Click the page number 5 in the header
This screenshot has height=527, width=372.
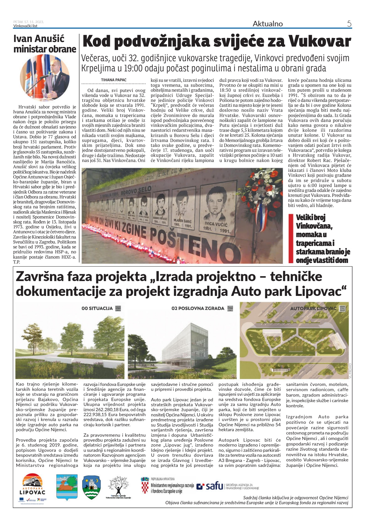(x=349, y=24)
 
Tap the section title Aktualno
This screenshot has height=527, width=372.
(x=268, y=24)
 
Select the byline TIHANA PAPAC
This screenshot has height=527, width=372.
(x=114, y=80)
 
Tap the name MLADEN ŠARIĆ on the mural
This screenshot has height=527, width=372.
(x=182, y=221)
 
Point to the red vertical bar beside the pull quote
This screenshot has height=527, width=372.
(x=291, y=238)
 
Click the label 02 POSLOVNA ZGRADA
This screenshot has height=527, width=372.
(x=198, y=308)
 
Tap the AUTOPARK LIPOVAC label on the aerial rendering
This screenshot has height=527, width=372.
(x=313, y=308)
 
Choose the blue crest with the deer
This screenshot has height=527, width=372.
(x=66, y=487)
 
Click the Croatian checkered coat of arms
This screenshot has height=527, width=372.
(x=145, y=486)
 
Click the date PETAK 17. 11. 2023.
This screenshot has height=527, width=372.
(x=29, y=22)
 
